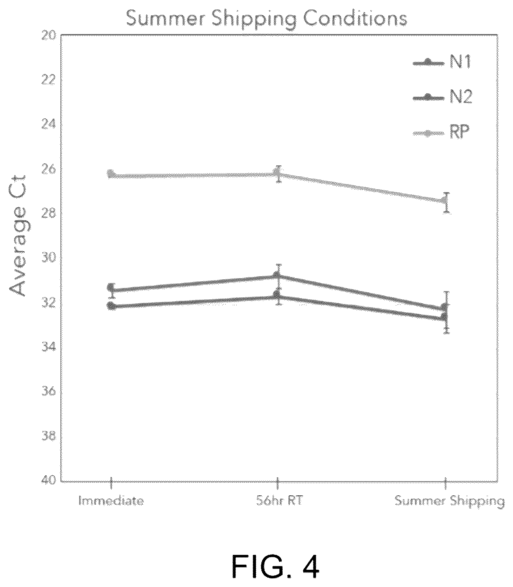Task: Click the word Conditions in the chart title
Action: [x=355, y=18]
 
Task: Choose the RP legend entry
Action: [x=441, y=132]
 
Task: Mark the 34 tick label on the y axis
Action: [x=48, y=348]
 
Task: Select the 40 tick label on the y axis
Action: [x=48, y=480]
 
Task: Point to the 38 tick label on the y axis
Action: [x=48, y=437]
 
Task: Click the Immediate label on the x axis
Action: [x=111, y=501]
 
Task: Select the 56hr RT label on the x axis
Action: [x=279, y=501]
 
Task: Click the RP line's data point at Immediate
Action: [x=111, y=174]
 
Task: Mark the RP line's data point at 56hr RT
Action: [x=278, y=173]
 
